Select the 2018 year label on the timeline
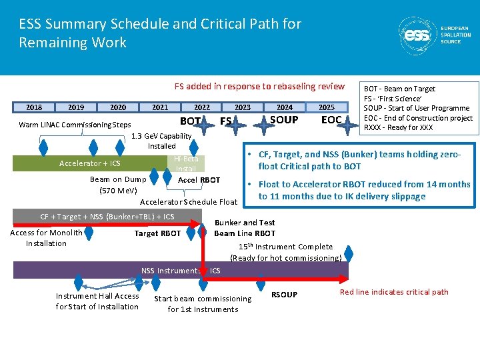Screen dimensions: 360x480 pos(34,107)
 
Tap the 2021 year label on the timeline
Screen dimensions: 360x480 pos(160,107)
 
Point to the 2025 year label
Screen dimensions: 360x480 pos(327,107)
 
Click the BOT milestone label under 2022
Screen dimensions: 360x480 pos(191,121)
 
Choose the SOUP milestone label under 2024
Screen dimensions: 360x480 pos(284,120)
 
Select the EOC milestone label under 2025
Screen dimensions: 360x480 pos(331,120)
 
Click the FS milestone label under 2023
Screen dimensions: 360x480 pos(226,121)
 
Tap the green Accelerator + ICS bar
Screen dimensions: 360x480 pos(90,163)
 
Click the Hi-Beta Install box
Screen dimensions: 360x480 pos(186,163)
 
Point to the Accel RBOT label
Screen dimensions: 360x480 pos(199,180)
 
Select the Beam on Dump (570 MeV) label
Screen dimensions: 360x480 pos(118,185)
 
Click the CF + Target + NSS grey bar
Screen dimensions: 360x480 pos(107,217)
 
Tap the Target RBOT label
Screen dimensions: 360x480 pos(157,233)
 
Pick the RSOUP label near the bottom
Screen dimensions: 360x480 pos(285,295)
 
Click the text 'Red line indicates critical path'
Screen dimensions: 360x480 pos(394,292)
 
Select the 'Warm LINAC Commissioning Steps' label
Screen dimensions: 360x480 pos(75,125)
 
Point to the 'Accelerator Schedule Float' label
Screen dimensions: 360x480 pos(189,202)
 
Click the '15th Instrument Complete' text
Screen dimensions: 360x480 pos(286,247)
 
